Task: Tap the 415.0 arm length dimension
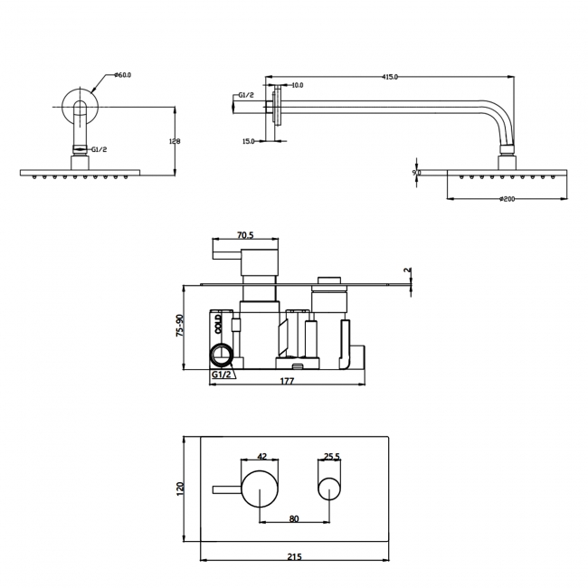(392, 77)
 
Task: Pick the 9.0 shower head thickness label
(416, 172)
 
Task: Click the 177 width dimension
(287, 382)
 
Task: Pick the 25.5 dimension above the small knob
(331, 457)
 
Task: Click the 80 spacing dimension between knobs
(295, 518)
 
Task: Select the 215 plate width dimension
(295, 556)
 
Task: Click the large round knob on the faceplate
(261, 489)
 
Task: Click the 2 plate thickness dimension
(407, 270)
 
